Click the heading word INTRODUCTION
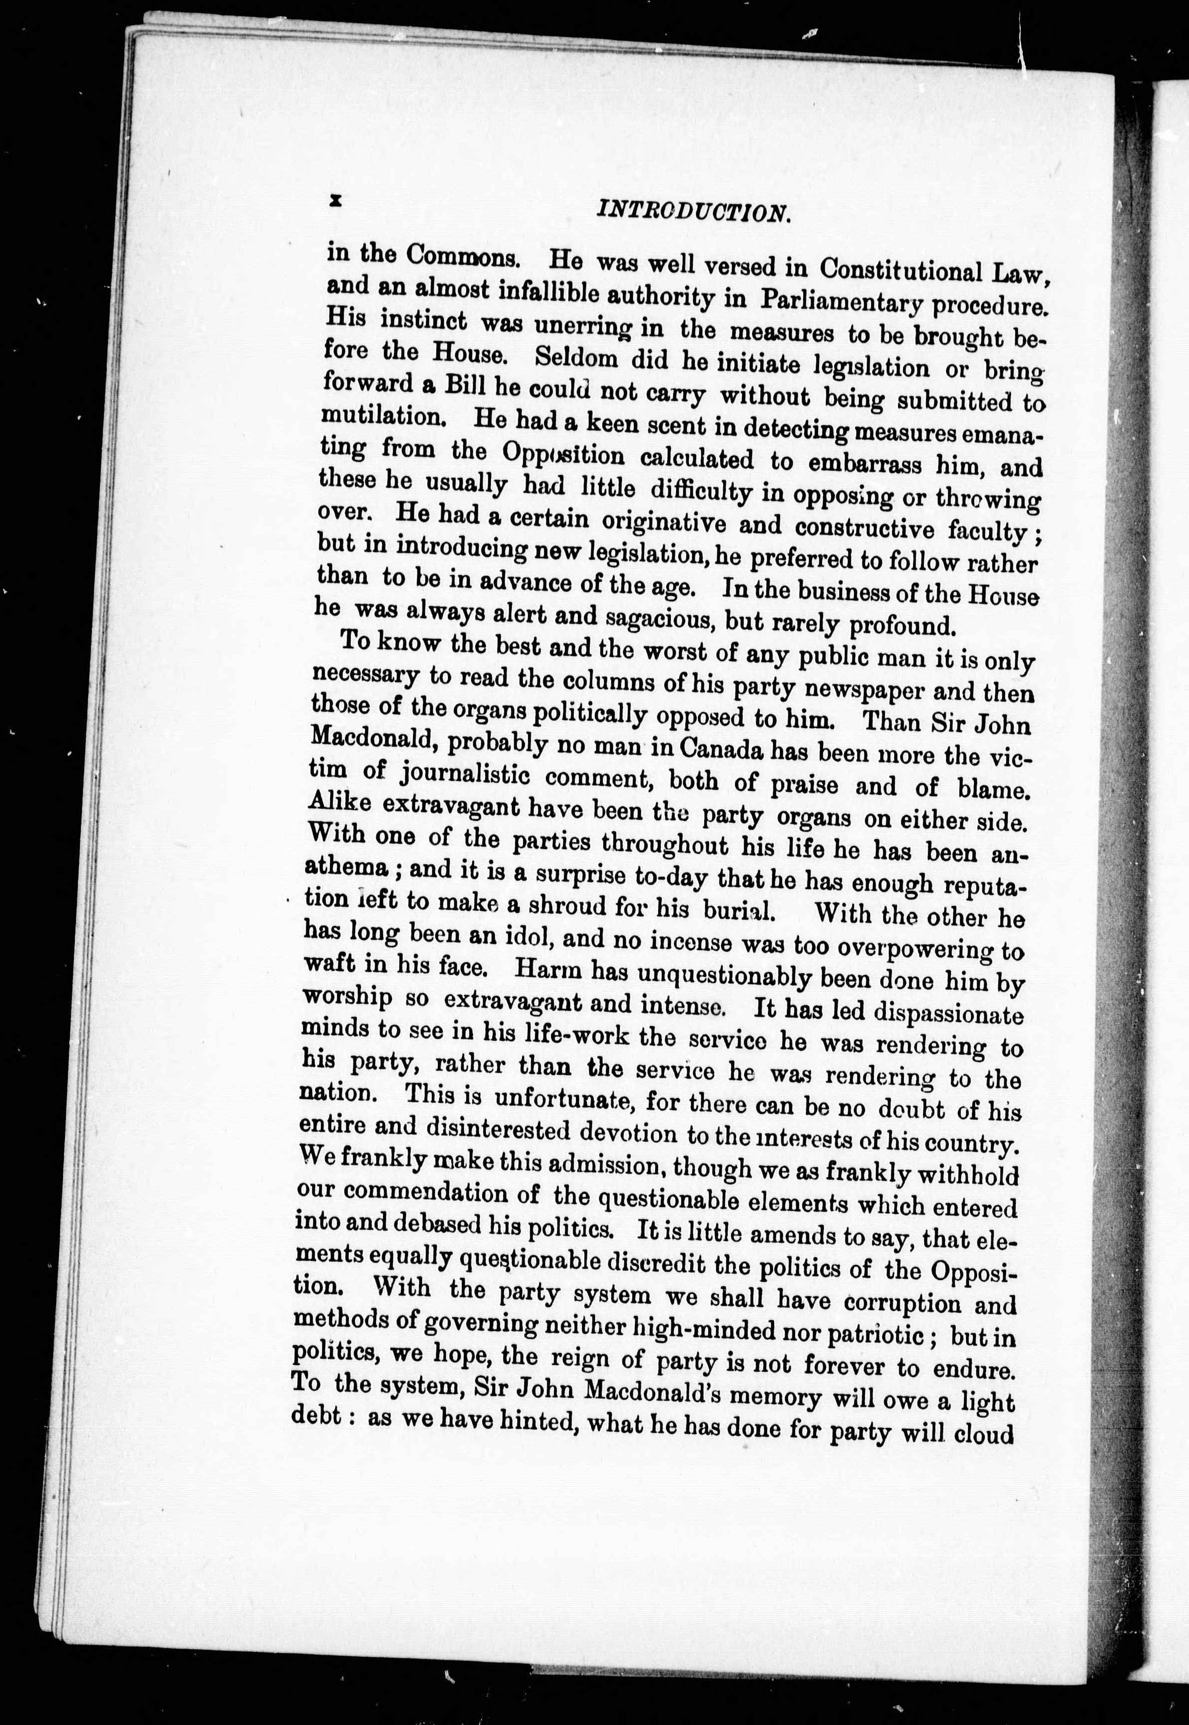(692, 213)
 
